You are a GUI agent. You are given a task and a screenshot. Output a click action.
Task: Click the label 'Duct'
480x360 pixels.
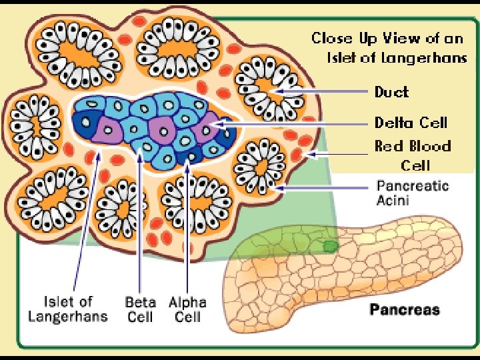click(x=391, y=92)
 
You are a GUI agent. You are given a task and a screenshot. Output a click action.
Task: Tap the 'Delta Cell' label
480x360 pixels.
click(x=410, y=123)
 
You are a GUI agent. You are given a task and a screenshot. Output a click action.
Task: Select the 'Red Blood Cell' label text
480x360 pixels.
click(x=413, y=155)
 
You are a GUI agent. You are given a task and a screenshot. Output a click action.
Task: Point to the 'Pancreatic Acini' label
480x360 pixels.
click(x=413, y=193)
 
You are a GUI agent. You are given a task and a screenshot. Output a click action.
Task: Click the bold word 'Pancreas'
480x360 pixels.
click(x=405, y=309)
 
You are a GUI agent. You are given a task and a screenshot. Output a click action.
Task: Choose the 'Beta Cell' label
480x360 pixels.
click(x=140, y=309)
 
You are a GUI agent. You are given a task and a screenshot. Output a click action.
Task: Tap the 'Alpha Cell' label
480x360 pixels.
click(x=187, y=309)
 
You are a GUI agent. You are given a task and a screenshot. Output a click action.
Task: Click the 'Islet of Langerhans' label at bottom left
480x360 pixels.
click(x=68, y=309)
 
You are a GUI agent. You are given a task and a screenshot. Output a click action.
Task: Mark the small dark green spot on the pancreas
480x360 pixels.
click(x=330, y=246)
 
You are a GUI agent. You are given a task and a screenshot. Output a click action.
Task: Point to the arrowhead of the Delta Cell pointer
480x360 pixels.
click(x=217, y=123)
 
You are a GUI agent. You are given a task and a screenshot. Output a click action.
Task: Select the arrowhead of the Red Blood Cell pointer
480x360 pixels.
click(x=307, y=155)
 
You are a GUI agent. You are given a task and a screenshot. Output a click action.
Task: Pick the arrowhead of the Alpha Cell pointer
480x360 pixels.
click(x=188, y=162)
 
